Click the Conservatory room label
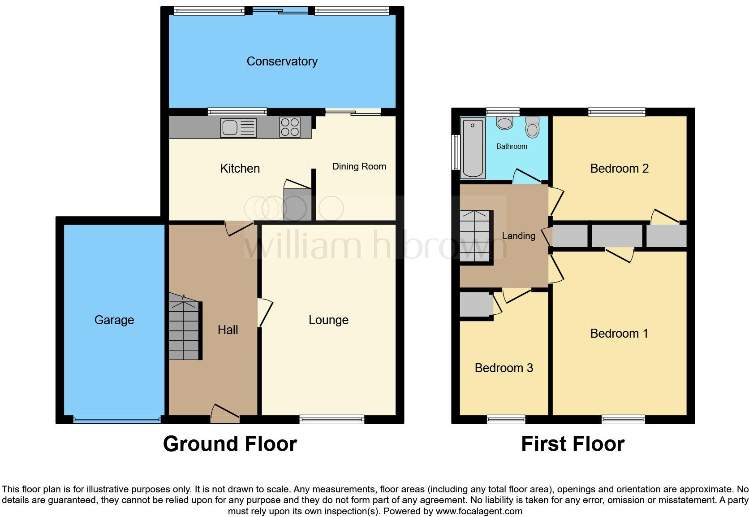(x=282, y=61)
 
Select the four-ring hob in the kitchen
(x=290, y=126)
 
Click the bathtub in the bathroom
(x=473, y=148)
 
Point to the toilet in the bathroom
(x=532, y=127)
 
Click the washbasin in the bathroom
(x=505, y=123)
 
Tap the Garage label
(x=114, y=320)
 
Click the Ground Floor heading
(x=230, y=444)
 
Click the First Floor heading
(x=573, y=444)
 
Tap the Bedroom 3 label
(x=504, y=368)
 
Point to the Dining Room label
(x=359, y=166)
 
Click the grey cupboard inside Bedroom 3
(x=476, y=305)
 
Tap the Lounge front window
(x=331, y=420)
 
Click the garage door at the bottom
(x=116, y=420)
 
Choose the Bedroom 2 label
(x=619, y=169)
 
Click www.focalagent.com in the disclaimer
(x=479, y=511)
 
